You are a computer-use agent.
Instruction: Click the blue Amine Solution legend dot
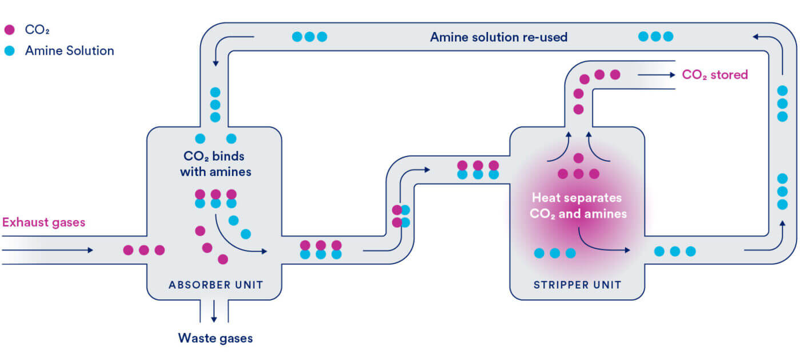10,51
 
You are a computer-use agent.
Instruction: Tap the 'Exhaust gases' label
43,222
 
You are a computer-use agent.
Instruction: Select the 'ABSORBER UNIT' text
216,285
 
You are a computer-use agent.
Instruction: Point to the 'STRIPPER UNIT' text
577,285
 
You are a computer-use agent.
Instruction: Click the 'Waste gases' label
215,338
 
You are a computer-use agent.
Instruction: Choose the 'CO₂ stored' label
715,75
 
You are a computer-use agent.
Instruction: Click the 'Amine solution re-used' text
498,37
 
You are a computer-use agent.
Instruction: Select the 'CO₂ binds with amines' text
215,163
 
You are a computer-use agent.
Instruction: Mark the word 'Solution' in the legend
90,51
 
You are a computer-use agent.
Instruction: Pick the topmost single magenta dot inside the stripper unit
578,158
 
